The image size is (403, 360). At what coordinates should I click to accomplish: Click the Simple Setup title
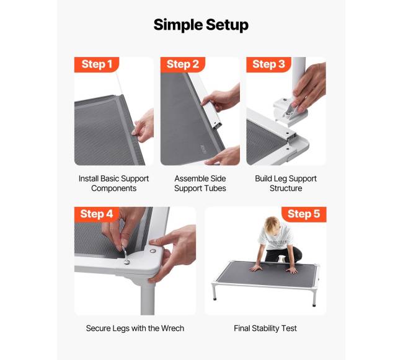[x=201, y=25]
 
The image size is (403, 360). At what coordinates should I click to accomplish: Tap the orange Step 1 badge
[x=97, y=64]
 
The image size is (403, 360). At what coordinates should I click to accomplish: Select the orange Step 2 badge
[x=183, y=64]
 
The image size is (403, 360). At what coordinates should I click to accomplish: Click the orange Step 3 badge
[x=268, y=64]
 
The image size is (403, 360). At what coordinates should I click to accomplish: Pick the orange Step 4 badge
[x=97, y=214]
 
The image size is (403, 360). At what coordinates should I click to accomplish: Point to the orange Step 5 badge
[x=304, y=214]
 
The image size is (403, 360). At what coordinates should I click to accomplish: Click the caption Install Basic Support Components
[x=113, y=183]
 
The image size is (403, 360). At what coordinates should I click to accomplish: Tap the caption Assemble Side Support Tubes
[x=200, y=183]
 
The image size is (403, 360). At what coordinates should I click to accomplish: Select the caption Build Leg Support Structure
[x=286, y=183]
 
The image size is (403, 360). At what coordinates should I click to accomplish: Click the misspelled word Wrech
[x=172, y=328]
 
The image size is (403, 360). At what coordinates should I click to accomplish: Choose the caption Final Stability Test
[x=265, y=328]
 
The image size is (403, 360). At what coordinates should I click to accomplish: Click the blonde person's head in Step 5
[x=272, y=226]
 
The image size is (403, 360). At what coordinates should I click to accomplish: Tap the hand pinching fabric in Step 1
[x=143, y=126]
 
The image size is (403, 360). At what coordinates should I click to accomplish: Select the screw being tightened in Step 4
[x=126, y=262]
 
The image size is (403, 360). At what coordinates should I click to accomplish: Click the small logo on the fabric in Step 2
[x=203, y=149]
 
